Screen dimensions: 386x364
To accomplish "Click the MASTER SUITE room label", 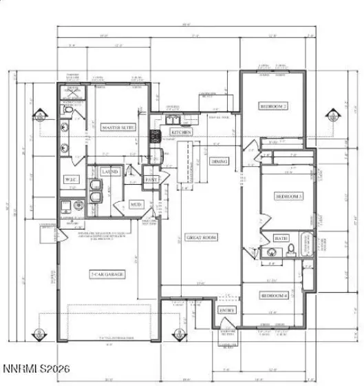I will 118,128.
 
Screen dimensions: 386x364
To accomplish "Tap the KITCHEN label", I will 181,132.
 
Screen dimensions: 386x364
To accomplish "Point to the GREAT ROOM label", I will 202,237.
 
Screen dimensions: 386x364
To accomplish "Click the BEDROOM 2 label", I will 273,106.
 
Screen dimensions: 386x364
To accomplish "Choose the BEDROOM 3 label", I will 289,196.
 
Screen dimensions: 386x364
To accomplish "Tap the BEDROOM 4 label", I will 273,295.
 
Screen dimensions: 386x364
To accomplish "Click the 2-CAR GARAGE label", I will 107,274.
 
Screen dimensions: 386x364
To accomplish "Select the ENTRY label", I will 227,310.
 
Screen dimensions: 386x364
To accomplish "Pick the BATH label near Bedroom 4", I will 281,238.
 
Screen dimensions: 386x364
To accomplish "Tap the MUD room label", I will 136,204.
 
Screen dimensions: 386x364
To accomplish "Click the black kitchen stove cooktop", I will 156,134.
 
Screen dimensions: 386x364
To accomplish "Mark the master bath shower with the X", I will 72,95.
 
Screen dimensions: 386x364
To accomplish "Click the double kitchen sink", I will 173,117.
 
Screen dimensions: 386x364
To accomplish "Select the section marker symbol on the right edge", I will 338,112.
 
